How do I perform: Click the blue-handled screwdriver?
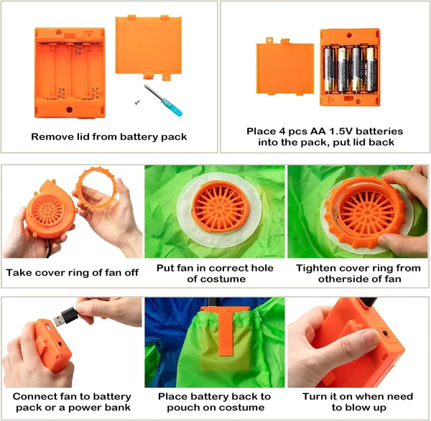pyautogui.click(x=163, y=100)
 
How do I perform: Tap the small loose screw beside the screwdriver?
pyautogui.click(x=137, y=102)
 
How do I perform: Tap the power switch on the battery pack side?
pyautogui.click(x=385, y=334)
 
